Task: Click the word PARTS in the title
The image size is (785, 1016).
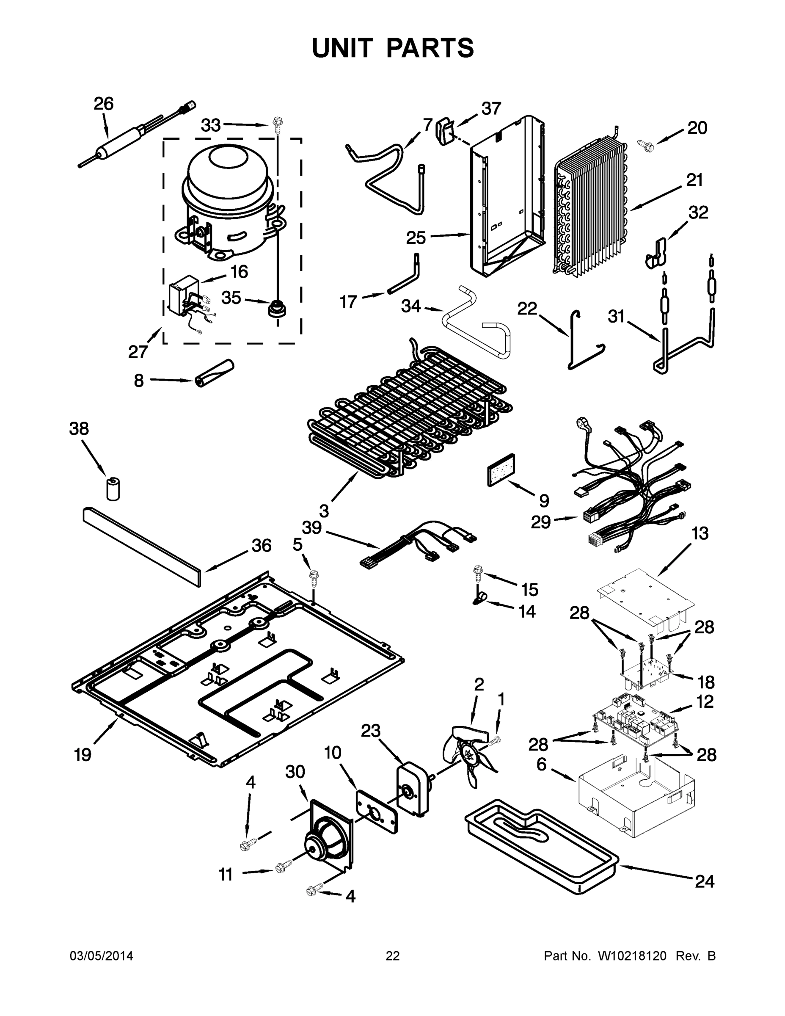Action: [x=430, y=48]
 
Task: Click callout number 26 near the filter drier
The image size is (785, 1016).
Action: [x=103, y=104]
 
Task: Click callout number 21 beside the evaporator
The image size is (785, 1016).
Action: [x=694, y=180]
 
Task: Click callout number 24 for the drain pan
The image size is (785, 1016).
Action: [x=704, y=881]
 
